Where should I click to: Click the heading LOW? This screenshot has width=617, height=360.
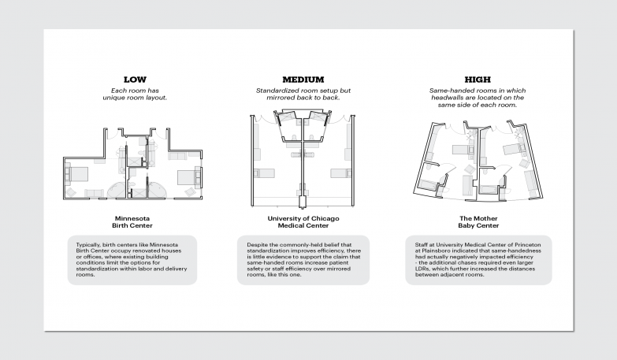(135, 80)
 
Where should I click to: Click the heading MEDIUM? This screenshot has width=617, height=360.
(303, 80)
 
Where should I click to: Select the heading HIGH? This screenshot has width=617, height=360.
(478, 80)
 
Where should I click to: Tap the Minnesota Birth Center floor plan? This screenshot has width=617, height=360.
(134, 162)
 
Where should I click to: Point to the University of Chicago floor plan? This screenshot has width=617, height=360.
(303, 158)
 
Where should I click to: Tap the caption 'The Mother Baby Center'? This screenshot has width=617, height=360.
(478, 221)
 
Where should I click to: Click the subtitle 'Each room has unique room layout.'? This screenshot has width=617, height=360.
(135, 95)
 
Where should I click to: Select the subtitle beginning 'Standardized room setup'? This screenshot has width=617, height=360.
(303, 95)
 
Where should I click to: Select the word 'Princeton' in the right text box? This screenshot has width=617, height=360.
(526, 245)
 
